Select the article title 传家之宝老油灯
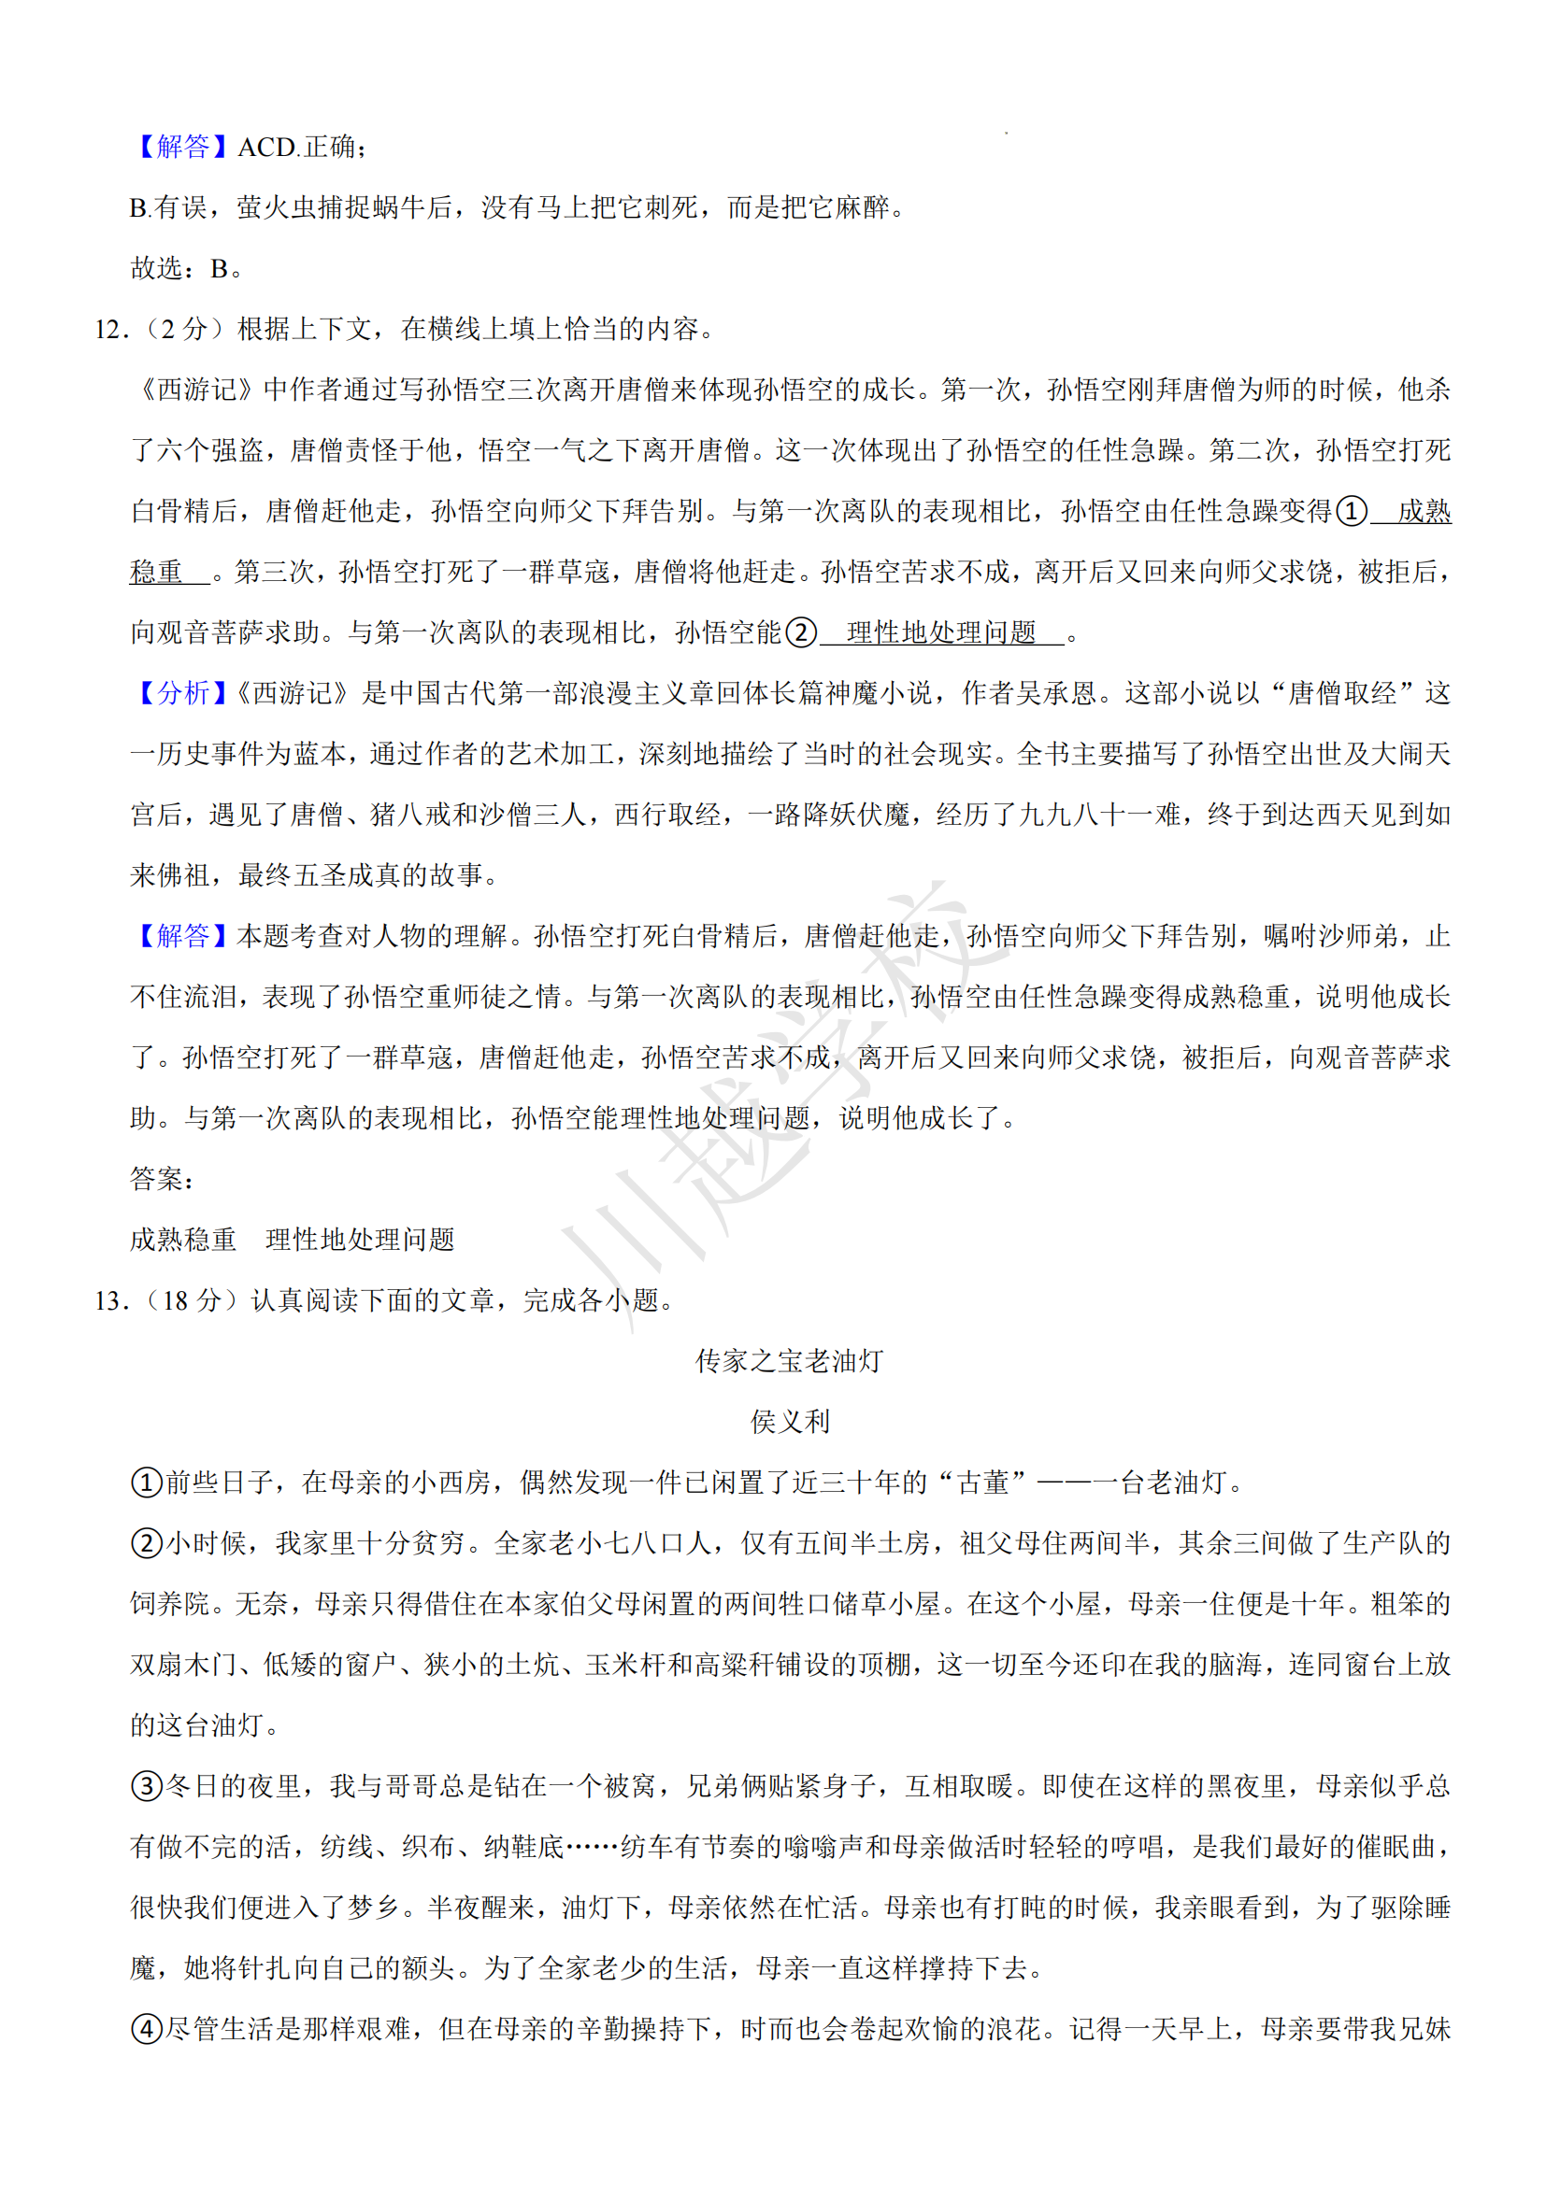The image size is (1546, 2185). tap(789, 1361)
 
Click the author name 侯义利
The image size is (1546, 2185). tap(789, 1422)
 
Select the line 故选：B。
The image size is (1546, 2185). tap(188, 268)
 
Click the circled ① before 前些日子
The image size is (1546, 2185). tap(147, 1483)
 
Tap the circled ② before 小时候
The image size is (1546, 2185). tap(147, 1542)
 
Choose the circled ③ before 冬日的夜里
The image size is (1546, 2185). tap(147, 1786)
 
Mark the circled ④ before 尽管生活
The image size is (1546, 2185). tap(147, 2029)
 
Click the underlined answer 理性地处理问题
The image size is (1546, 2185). tap(940, 631)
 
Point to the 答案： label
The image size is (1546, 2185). tap(162, 1179)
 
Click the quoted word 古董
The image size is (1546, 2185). tap(982, 1483)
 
